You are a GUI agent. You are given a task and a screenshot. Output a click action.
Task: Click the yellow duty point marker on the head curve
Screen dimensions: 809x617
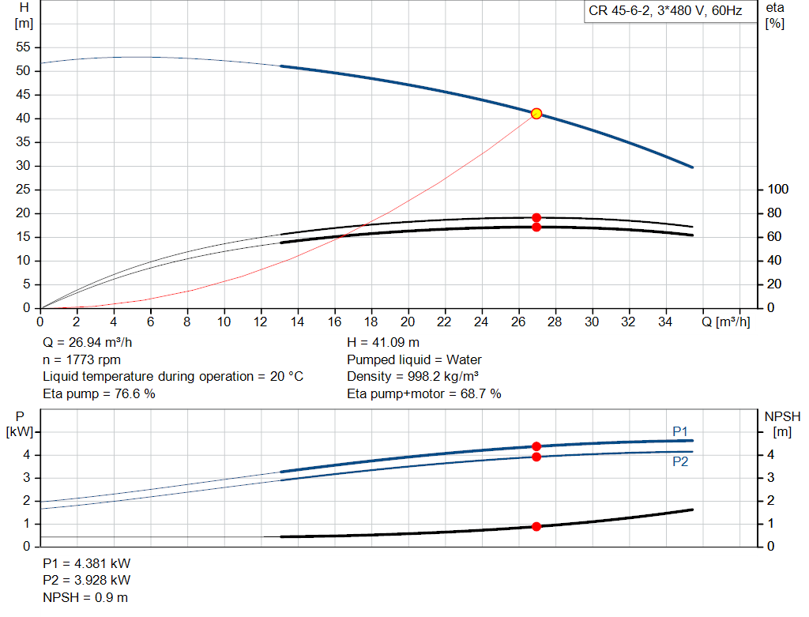pyautogui.click(x=536, y=114)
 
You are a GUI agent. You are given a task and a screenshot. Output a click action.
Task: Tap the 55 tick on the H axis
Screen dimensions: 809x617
pyautogui.click(x=23, y=47)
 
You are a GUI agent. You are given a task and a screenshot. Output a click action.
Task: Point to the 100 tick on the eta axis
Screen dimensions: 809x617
pyautogui.click(x=778, y=190)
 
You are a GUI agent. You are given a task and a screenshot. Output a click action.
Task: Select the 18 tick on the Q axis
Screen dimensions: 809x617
pyautogui.click(x=371, y=322)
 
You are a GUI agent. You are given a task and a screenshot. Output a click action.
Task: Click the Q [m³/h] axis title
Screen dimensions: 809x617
pyautogui.click(x=726, y=322)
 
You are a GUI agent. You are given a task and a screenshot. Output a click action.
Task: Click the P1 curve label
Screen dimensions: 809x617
pyautogui.click(x=680, y=431)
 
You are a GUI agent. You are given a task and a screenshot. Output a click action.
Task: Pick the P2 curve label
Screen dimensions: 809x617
pyautogui.click(x=680, y=461)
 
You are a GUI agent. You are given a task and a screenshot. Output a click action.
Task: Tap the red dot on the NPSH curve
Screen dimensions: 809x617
pyautogui.click(x=536, y=526)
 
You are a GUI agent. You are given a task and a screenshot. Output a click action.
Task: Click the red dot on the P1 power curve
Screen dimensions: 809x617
pyautogui.click(x=536, y=446)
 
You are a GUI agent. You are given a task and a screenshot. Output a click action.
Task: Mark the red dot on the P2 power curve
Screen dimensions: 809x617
pyautogui.click(x=536, y=457)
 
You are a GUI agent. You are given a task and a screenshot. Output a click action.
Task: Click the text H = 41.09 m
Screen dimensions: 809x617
pyautogui.click(x=383, y=343)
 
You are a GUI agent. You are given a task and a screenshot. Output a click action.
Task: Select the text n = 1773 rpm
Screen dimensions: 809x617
pyautogui.click(x=81, y=359)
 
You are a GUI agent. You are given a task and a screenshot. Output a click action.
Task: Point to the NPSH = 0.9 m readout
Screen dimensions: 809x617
pyautogui.click(x=85, y=597)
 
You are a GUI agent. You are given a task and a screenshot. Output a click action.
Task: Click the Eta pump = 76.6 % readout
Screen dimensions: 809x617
pyautogui.click(x=99, y=393)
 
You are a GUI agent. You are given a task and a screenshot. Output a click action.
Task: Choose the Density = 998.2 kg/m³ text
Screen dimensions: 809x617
pyautogui.click(x=412, y=377)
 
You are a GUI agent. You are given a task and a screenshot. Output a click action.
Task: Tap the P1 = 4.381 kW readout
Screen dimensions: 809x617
pyautogui.click(x=87, y=563)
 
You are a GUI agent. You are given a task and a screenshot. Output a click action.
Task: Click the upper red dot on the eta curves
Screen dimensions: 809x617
pyautogui.click(x=536, y=218)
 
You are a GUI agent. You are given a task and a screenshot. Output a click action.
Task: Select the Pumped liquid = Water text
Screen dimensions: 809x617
pyautogui.click(x=414, y=359)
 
